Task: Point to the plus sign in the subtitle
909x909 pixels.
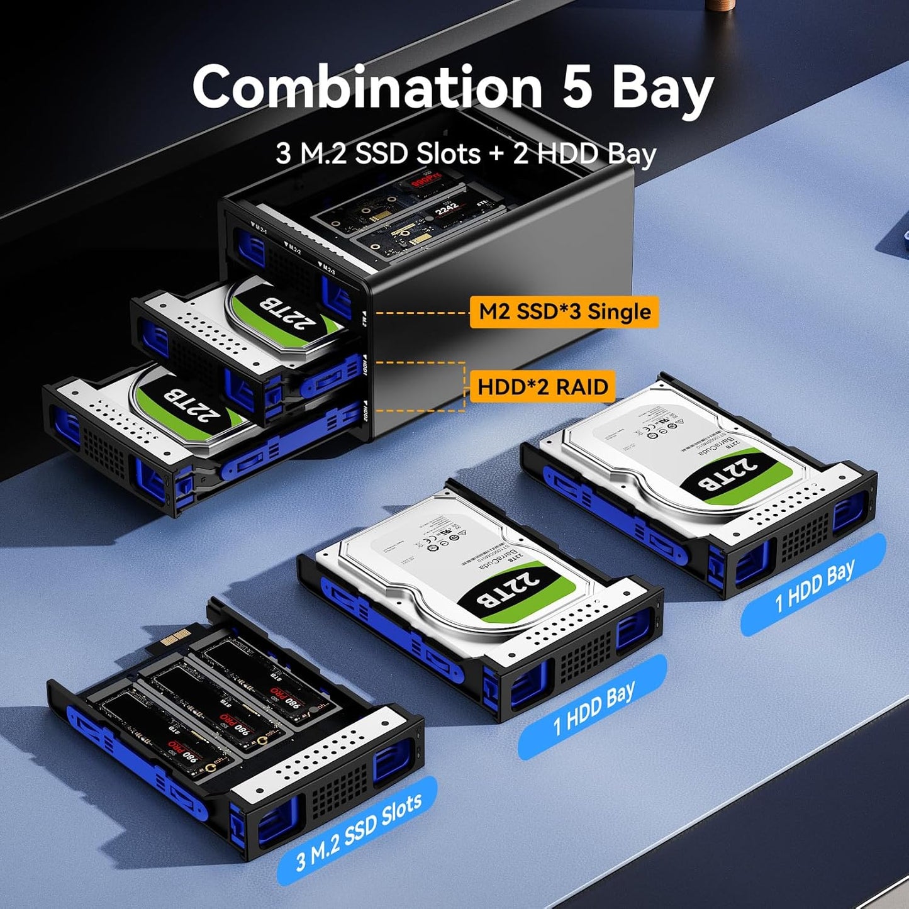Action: coord(496,153)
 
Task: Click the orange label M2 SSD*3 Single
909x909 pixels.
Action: coord(564,312)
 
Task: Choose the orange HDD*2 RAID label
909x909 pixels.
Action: coord(542,386)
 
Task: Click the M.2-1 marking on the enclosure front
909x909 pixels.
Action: coord(259,227)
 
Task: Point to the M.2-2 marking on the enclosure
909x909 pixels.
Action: coord(293,247)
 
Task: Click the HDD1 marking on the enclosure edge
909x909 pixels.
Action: coord(364,366)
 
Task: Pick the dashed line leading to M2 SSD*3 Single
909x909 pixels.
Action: coord(421,313)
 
